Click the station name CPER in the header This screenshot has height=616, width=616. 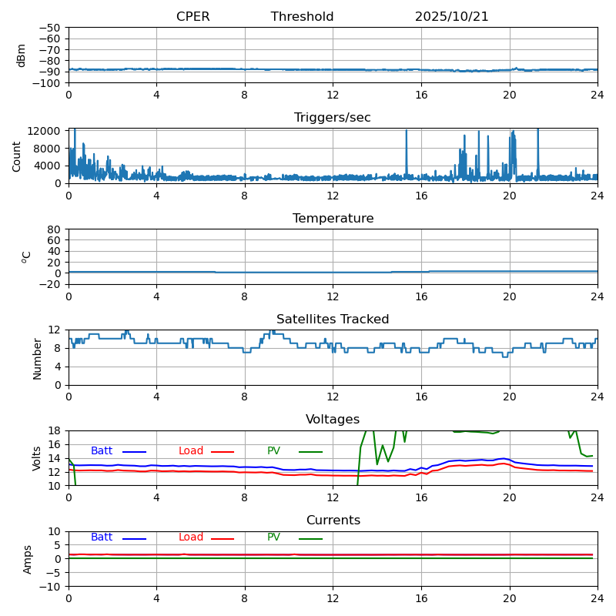pyautogui.click(x=192, y=17)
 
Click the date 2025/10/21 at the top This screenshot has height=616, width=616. pyautogui.click(x=451, y=17)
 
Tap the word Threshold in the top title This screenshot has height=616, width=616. pyautogui.click(x=302, y=17)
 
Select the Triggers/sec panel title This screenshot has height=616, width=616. pyautogui.click(x=333, y=118)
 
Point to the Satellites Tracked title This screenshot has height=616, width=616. pyautogui.click(x=333, y=320)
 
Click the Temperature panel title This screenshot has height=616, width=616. pyautogui.click(x=333, y=219)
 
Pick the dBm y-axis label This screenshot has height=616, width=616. pyautogui.click(x=22, y=55)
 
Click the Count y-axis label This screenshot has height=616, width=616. pyautogui.click(x=17, y=156)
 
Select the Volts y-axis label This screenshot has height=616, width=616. pyautogui.click(x=37, y=458)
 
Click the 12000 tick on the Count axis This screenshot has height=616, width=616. pyautogui.click(x=45, y=131)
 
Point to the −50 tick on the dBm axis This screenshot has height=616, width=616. pyautogui.click(x=49, y=28)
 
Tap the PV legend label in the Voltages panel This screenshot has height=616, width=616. pyautogui.click(x=274, y=451)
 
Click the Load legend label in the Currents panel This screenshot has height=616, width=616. pyautogui.click(x=191, y=537)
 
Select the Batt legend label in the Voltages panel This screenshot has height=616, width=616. pyautogui.click(x=102, y=451)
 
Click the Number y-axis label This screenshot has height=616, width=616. pyautogui.click(x=37, y=358)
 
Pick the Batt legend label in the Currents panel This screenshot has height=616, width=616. pyautogui.click(x=102, y=537)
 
